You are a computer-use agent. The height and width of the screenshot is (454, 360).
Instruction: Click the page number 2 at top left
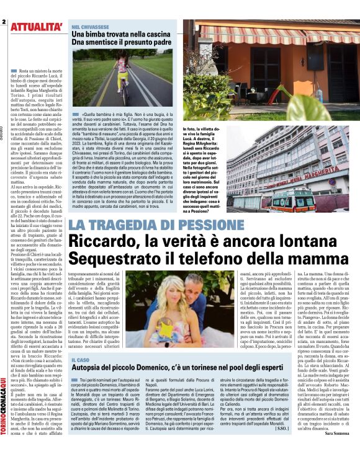click(4, 21)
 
